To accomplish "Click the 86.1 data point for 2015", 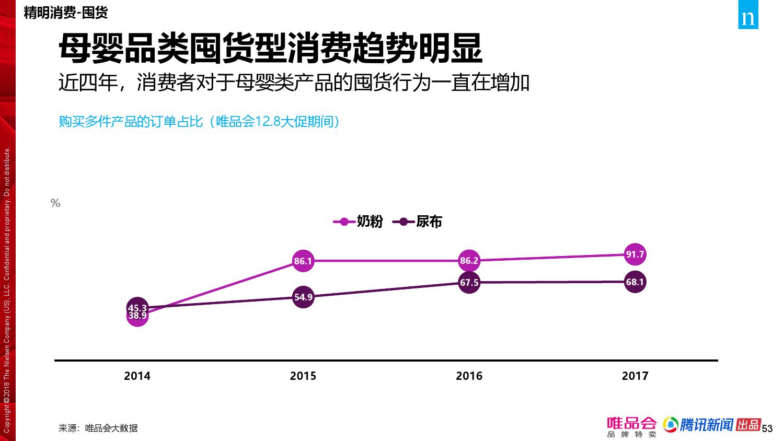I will [303, 261].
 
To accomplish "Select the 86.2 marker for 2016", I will [469, 260].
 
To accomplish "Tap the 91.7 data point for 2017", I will [635, 254].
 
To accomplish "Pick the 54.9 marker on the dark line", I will [303, 297].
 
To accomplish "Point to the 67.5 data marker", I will [469, 283].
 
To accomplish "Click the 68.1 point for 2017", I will [635, 282].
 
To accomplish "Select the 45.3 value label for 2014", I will [137, 308].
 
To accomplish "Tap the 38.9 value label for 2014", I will [137, 316].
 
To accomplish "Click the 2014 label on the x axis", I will [137, 376].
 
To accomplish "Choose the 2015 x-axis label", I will [303, 376].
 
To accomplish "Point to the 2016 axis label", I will [469, 376].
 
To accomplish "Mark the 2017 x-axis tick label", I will [635, 376].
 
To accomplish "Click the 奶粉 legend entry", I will [360, 222].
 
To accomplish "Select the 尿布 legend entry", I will [421, 222].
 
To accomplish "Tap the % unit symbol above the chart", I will [55, 203].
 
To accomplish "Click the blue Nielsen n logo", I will [748, 18].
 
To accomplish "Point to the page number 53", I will [767, 429].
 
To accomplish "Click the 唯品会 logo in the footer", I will [631, 426].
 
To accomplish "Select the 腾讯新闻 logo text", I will [706, 425].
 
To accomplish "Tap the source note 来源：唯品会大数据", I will [98, 428].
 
